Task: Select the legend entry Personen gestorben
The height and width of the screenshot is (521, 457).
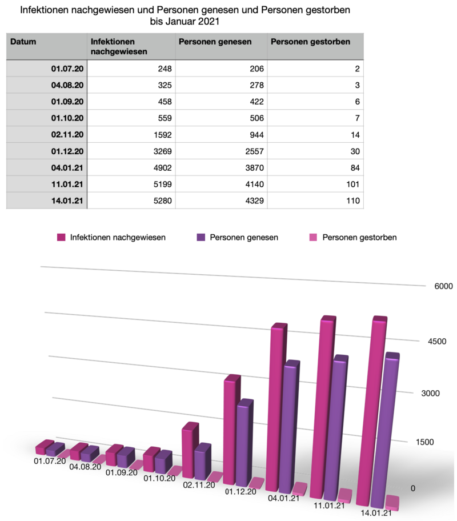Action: point(359,237)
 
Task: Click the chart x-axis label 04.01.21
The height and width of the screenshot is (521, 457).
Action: point(283,498)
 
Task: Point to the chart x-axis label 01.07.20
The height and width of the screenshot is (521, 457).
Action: point(50,460)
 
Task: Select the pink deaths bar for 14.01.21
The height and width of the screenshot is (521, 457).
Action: point(392,502)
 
